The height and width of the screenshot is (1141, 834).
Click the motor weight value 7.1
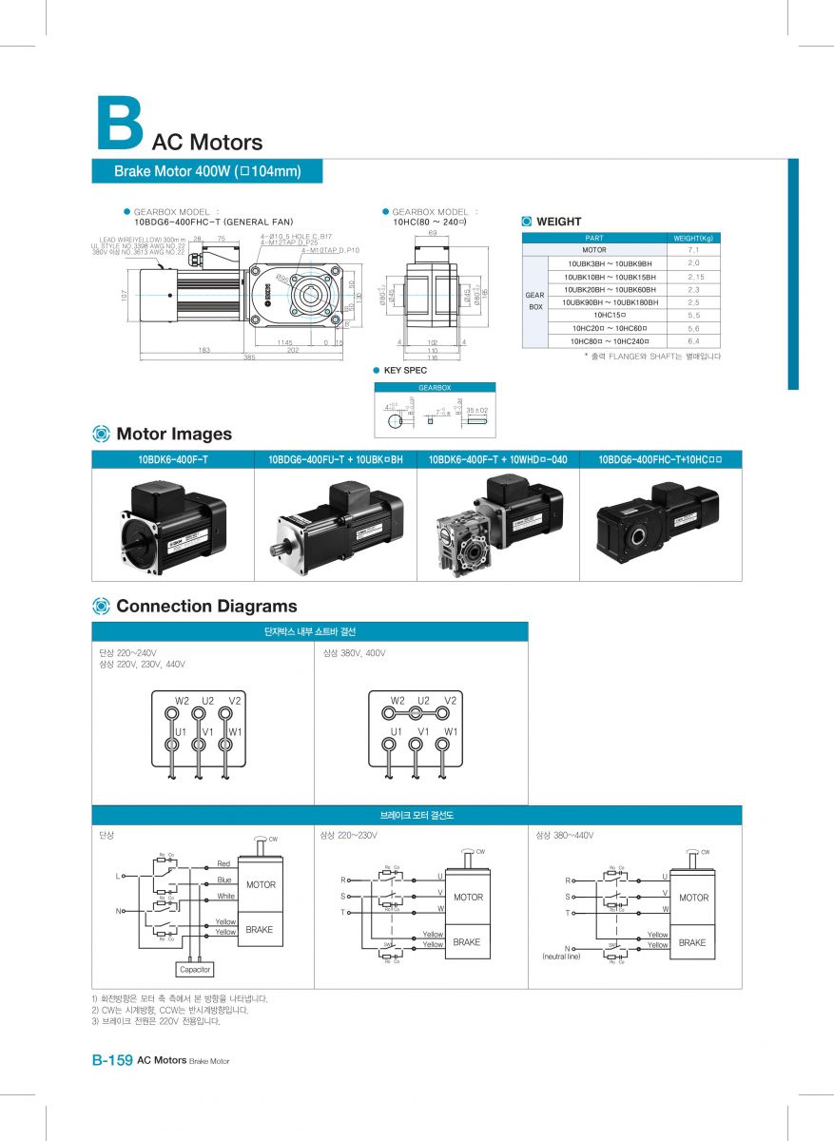click(x=693, y=249)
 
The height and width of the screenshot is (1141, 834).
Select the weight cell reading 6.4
click(x=693, y=340)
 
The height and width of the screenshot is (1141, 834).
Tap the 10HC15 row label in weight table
click(x=608, y=315)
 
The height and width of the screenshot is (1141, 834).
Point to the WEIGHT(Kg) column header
click(x=693, y=238)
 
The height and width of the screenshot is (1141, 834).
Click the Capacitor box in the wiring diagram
click(x=195, y=970)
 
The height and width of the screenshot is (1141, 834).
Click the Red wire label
click(x=223, y=863)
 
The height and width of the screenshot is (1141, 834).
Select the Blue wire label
click(x=224, y=880)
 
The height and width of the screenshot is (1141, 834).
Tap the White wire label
click(x=225, y=896)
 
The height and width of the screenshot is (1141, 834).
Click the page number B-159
click(x=111, y=1060)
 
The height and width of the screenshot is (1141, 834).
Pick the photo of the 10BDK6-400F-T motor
click(x=173, y=525)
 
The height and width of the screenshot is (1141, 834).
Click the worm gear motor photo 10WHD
click(x=497, y=525)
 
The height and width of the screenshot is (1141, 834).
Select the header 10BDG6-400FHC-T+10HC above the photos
click(x=660, y=459)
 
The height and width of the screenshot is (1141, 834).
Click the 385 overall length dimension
click(x=249, y=358)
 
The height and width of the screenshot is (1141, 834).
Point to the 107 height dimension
click(x=124, y=296)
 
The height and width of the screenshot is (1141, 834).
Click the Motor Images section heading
click(x=173, y=434)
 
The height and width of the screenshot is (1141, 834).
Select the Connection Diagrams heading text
click(x=205, y=606)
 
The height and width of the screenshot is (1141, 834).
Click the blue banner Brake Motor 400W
click(x=206, y=171)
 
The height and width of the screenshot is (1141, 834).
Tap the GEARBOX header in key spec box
click(x=435, y=388)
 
